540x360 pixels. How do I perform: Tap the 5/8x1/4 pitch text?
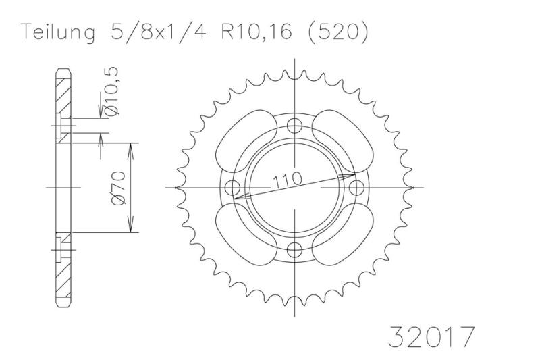158,32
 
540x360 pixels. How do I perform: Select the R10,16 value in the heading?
256,32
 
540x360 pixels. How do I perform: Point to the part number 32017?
431,336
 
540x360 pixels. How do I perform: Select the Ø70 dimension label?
118,188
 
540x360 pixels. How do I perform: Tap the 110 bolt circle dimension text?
288,180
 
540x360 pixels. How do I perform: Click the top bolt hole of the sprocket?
294,126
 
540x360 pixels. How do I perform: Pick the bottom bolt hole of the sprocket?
294,250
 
